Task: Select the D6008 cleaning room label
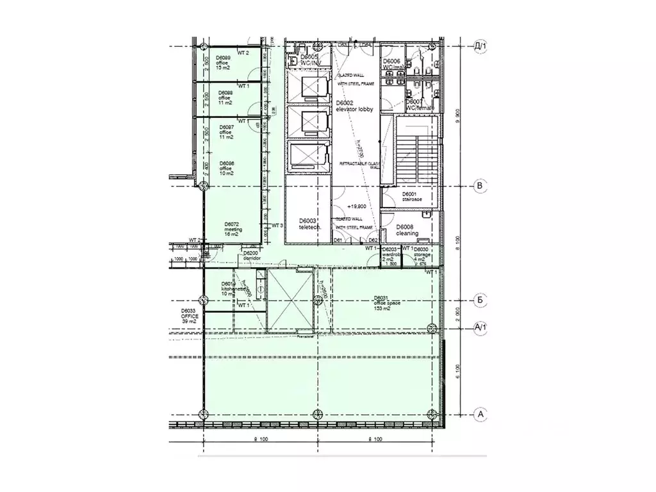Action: coord(407,230)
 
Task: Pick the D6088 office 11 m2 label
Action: coord(224,97)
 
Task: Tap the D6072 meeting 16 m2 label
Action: coord(232,229)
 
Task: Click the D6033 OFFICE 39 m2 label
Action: coord(190,316)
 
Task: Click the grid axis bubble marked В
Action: coord(480,186)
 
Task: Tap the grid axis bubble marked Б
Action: coord(480,300)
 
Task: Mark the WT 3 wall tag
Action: coord(277,225)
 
